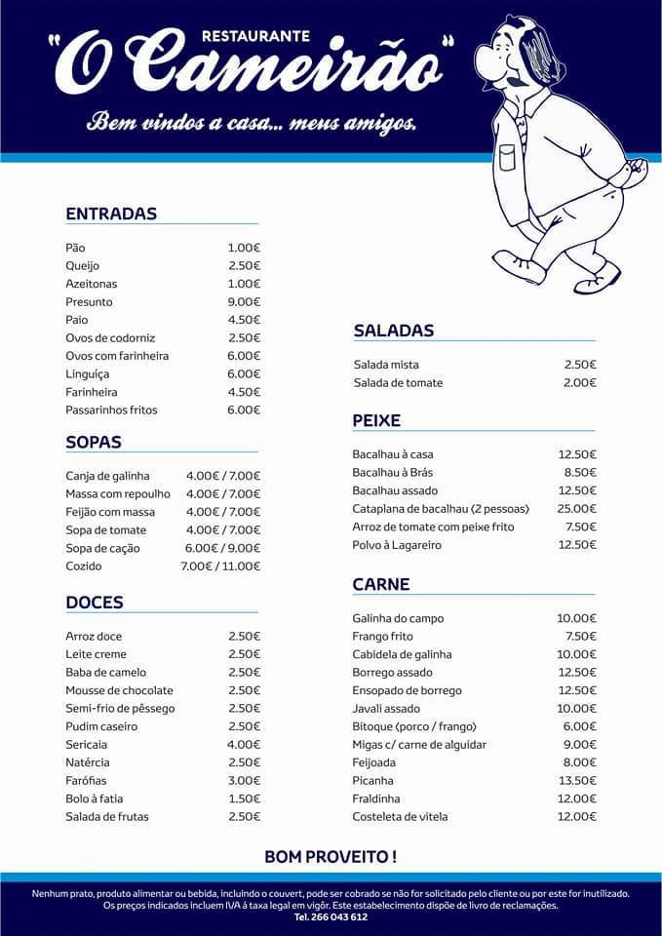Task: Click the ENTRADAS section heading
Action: coord(111,214)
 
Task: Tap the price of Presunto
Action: coord(244,302)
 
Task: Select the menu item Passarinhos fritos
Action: coord(111,410)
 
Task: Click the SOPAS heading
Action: coord(94,442)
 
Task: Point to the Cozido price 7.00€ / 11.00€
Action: coord(220,566)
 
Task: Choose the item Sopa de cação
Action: coord(102,548)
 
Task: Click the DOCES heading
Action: coord(95,603)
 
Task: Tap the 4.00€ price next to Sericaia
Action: coord(244,745)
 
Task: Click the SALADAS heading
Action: coord(394,331)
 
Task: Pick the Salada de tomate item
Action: coord(398,383)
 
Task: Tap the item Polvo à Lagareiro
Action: coord(397,545)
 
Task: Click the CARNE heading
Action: coord(381,585)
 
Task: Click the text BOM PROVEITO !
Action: coord(331,857)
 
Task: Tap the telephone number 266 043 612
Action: coord(331,917)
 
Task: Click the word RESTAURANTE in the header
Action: coord(255,36)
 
